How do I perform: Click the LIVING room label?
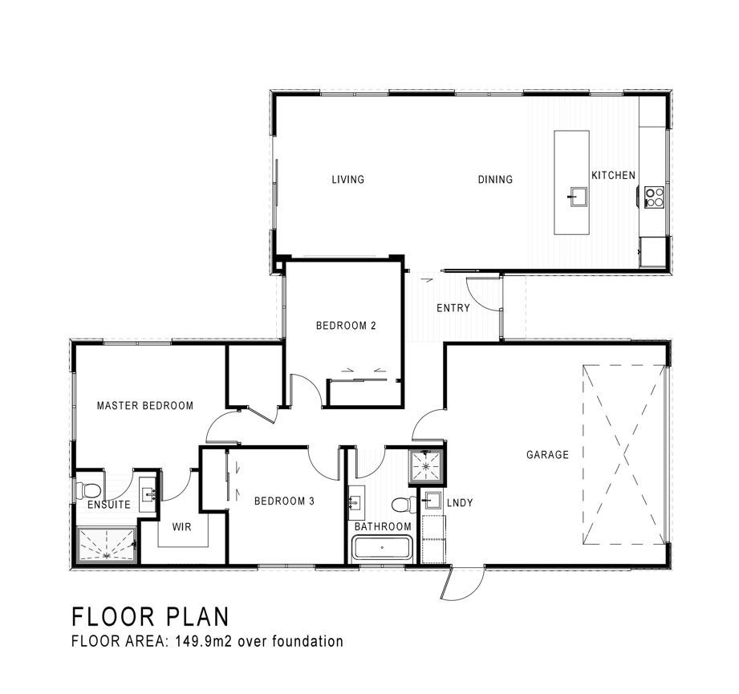pyautogui.click(x=347, y=180)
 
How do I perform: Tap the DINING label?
pyautogui.click(x=495, y=180)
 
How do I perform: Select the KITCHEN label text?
pyautogui.click(x=613, y=175)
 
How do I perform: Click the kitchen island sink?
pyautogui.click(x=578, y=196)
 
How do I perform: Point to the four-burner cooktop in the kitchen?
pyautogui.click(x=654, y=197)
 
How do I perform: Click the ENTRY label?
pyautogui.click(x=453, y=308)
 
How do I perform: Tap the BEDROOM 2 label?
pyautogui.click(x=346, y=326)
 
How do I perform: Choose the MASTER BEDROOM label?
pyautogui.click(x=145, y=406)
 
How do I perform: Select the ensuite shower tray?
pyautogui.click(x=107, y=545)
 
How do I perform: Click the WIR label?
pyautogui.click(x=182, y=527)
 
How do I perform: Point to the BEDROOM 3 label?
pyautogui.click(x=284, y=501)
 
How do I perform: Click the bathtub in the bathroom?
pyautogui.click(x=382, y=548)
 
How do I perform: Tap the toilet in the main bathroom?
pyautogui.click(x=404, y=504)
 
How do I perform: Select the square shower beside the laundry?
pyautogui.click(x=427, y=467)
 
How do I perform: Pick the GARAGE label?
pyautogui.click(x=548, y=455)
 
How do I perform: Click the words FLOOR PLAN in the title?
pyautogui.click(x=151, y=617)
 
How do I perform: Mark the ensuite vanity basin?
pyautogui.click(x=150, y=494)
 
